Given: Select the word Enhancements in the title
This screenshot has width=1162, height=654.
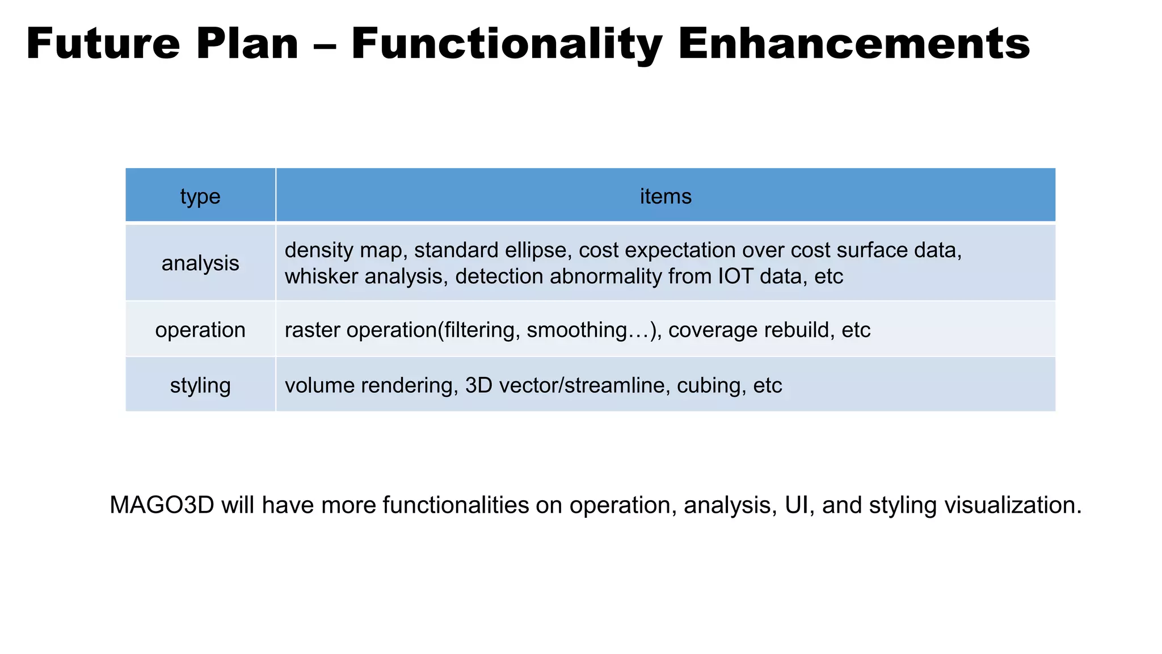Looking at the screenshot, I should click(x=853, y=44).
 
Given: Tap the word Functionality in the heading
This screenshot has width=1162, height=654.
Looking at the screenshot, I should click(x=507, y=44).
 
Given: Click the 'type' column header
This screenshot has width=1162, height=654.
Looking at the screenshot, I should click(x=200, y=196).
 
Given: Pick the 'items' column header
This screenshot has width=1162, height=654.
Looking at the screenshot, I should click(x=666, y=196).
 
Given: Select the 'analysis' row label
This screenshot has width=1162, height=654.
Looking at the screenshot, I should click(x=200, y=263).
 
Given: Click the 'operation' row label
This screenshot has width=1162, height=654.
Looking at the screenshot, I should click(x=200, y=330).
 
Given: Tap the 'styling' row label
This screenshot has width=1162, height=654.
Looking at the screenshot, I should click(x=200, y=385).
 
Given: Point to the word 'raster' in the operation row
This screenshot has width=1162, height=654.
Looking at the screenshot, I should click(x=313, y=330).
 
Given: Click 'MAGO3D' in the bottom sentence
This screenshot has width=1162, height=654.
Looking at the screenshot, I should click(x=162, y=505).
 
